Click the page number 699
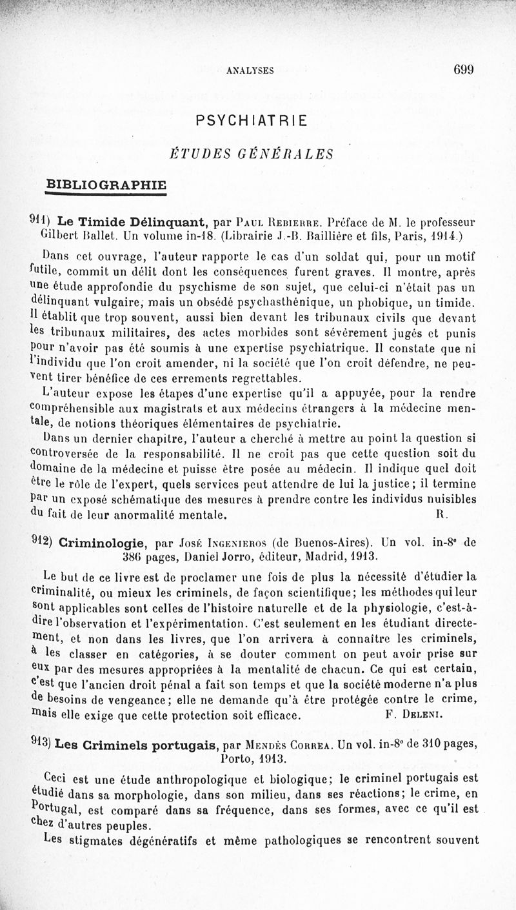coord(463,70)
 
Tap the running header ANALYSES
coord(250,72)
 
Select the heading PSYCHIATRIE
coord(251,121)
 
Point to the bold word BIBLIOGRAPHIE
coord(106,184)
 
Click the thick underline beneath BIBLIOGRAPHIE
coord(106,194)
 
